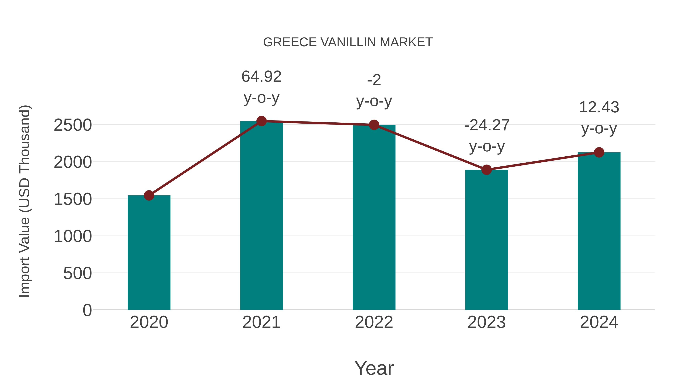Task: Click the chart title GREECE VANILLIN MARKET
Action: tap(348, 42)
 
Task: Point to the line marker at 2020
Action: tap(149, 195)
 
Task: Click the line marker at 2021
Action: tap(261, 121)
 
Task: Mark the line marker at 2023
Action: tap(486, 170)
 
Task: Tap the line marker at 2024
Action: tap(599, 153)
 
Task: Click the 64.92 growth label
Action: tap(261, 77)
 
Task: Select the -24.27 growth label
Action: tap(487, 126)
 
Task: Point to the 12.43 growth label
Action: tap(599, 107)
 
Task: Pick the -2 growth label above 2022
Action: tap(374, 80)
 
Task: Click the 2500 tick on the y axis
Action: tap(73, 125)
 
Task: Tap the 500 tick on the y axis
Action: tap(78, 273)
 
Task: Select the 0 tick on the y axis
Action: tap(87, 310)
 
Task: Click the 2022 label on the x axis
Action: tap(374, 322)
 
